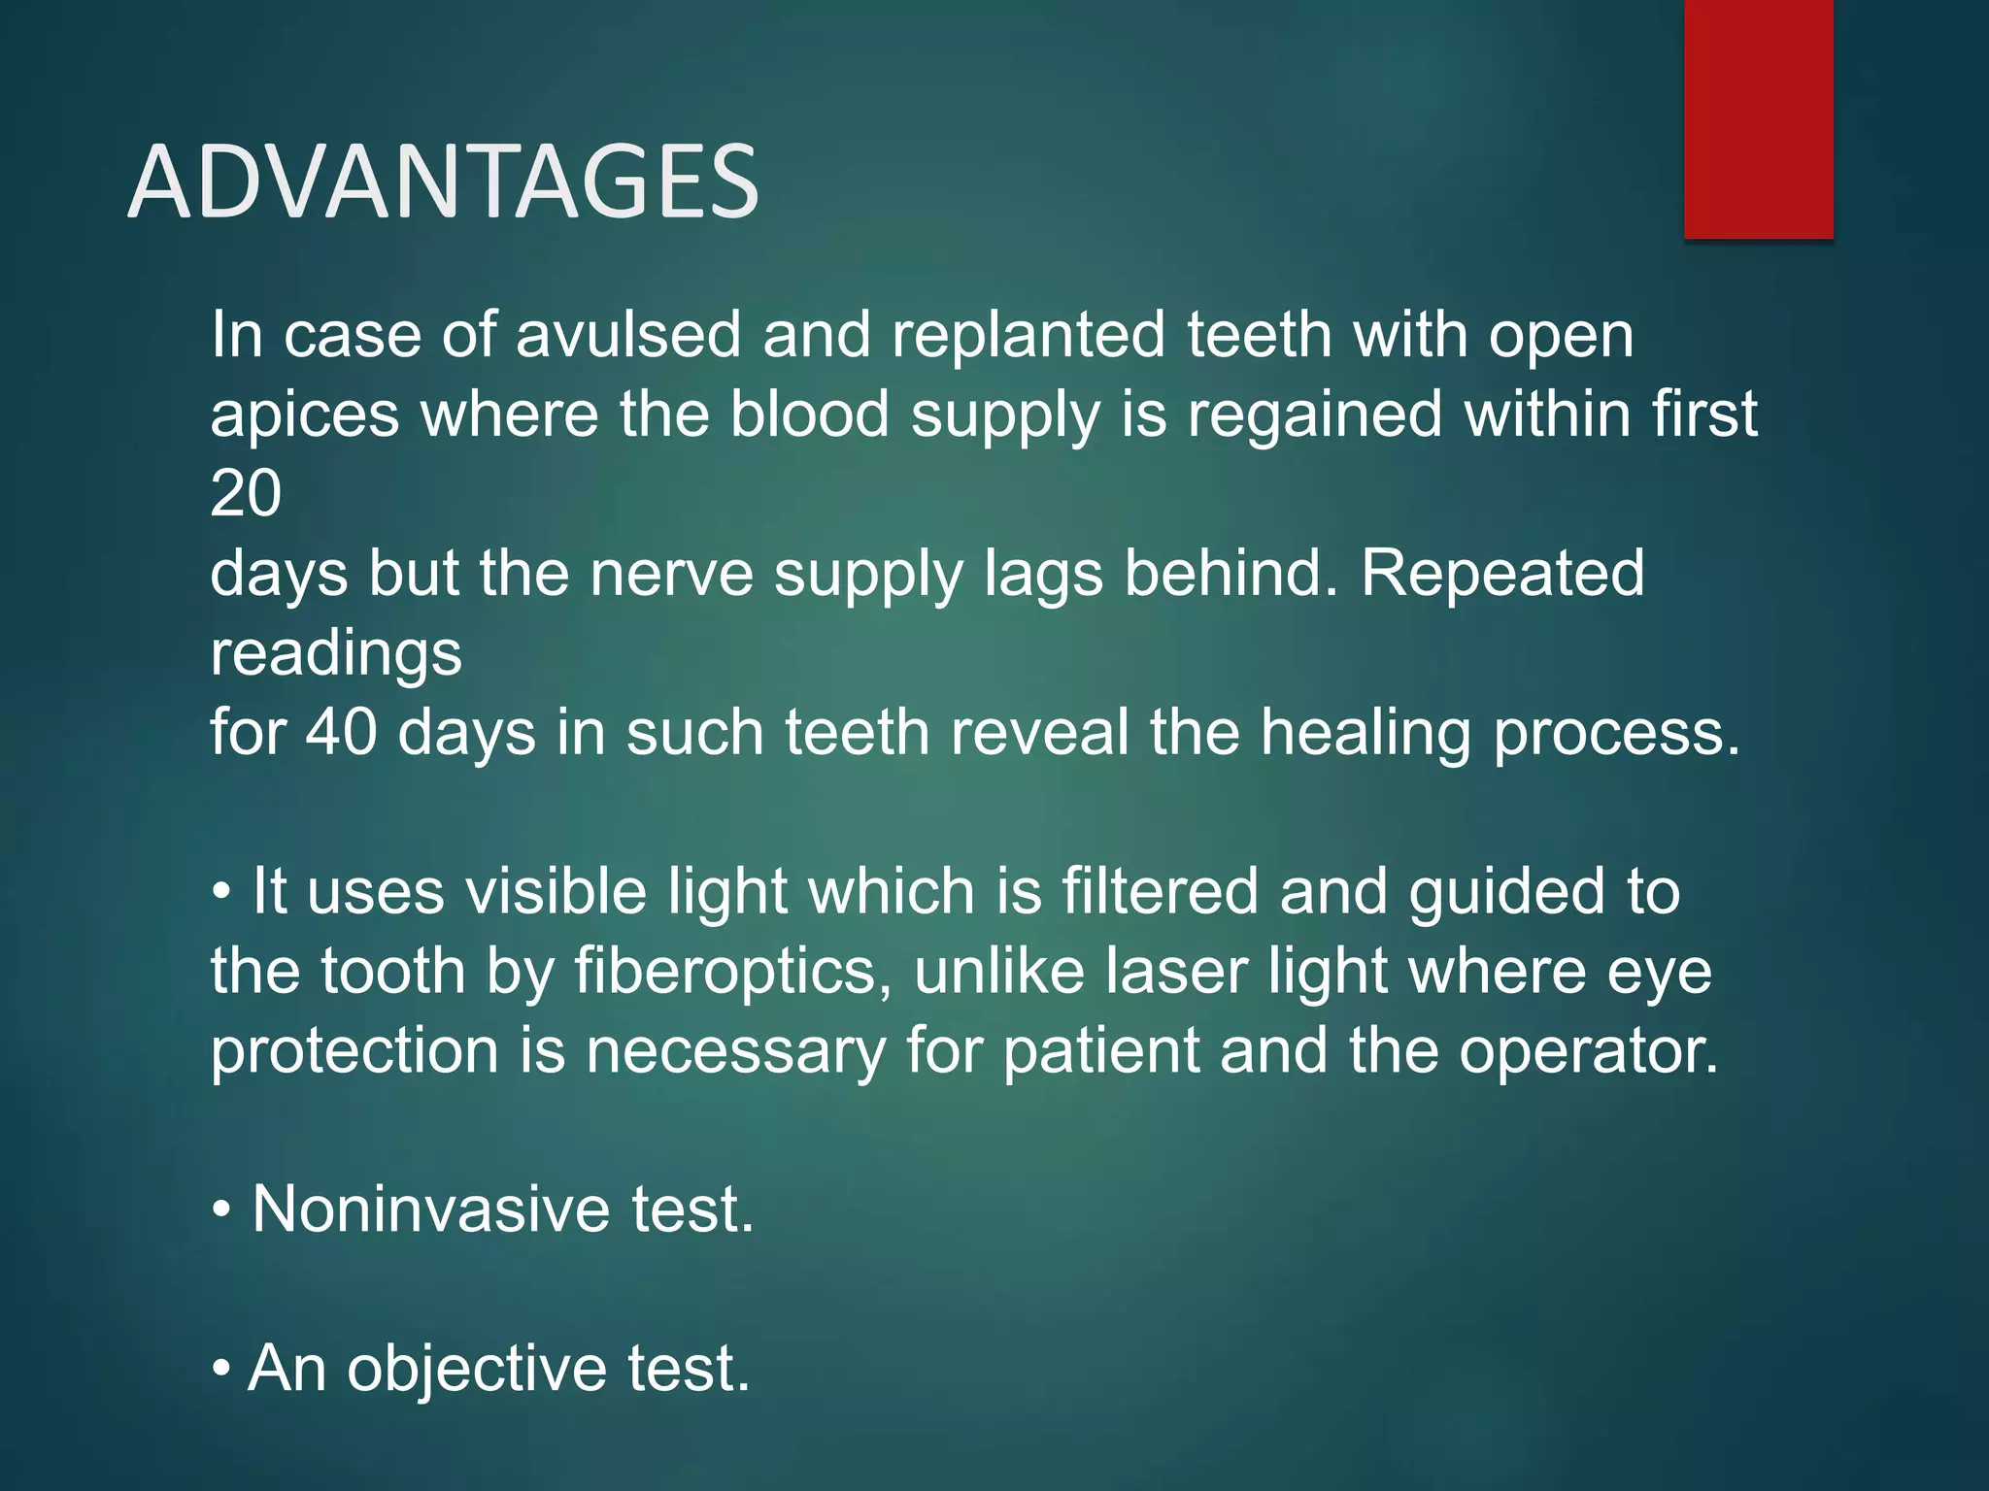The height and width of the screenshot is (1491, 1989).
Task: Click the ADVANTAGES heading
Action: coord(443,182)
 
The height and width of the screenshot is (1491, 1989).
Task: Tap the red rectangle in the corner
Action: coord(1758,118)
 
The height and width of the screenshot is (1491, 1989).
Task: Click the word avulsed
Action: coord(627,335)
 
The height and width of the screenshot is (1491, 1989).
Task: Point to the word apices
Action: coord(304,415)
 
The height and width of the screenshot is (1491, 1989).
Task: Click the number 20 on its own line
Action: coord(246,494)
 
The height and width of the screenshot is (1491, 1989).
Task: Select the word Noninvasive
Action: coord(431,1209)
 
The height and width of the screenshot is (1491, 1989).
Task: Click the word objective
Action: coord(477,1369)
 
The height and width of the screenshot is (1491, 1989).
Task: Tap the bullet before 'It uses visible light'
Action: coord(222,892)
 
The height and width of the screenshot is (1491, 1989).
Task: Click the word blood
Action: coord(809,414)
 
